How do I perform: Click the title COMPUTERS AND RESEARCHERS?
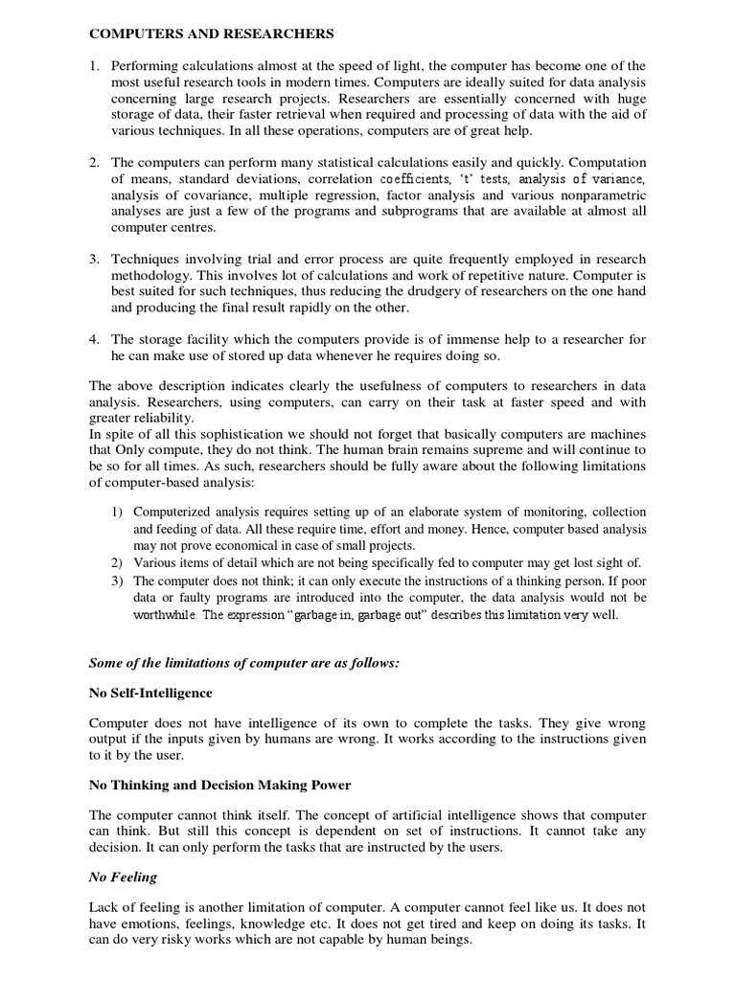tap(212, 34)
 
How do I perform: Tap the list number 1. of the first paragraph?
tap(94, 65)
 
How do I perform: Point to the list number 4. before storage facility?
tap(94, 339)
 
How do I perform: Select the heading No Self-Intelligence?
tap(150, 693)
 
